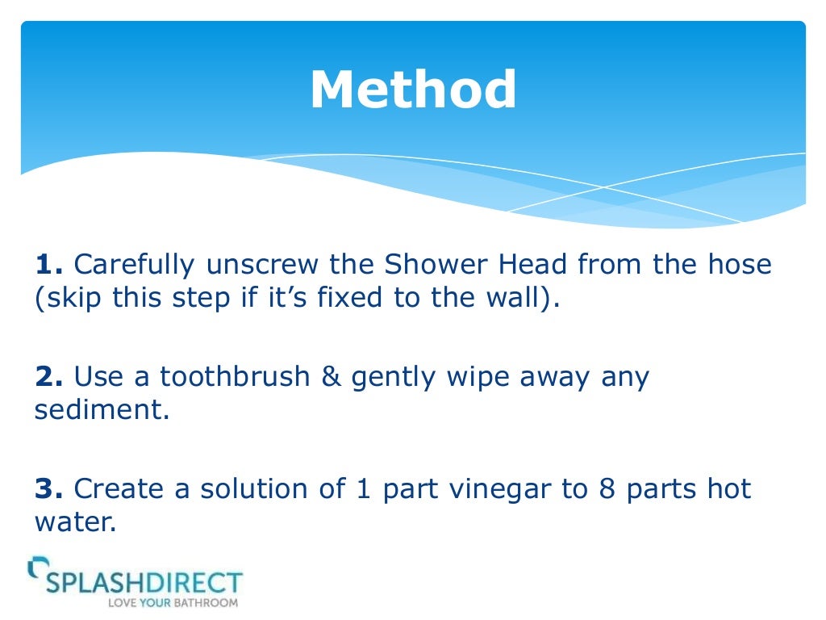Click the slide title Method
pos(412,90)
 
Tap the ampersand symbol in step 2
pos(332,377)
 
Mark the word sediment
pos(101,409)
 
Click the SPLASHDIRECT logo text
pos(144,581)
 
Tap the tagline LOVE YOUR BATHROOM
pos(173,602)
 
